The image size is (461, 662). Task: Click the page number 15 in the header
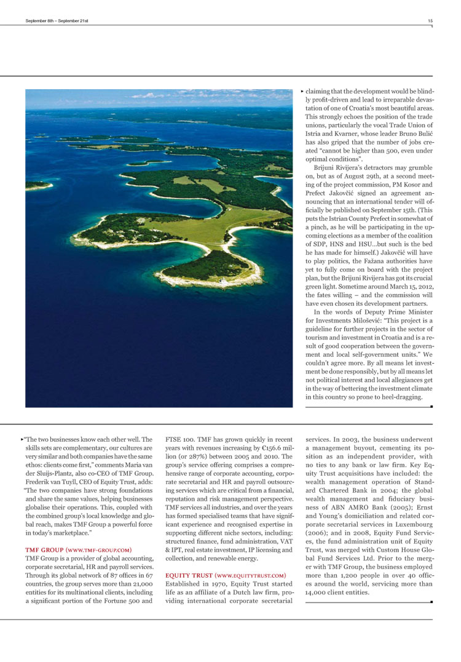coord(430,21)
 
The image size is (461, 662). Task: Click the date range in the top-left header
coord(57,21)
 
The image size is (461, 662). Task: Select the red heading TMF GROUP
coord(44,549)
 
